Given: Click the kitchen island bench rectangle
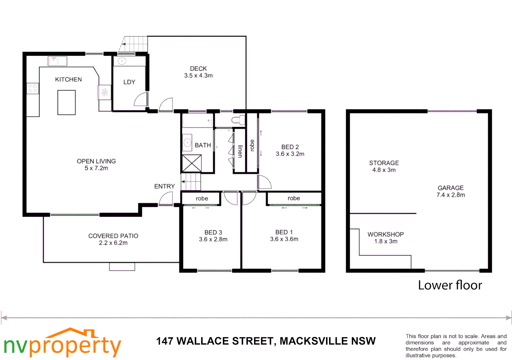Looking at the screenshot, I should click(x=66, y=102).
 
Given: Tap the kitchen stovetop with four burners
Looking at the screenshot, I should click(x=33, y=88).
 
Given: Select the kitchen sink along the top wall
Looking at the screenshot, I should click(x=57, y=61).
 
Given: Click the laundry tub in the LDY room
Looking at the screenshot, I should click(x=122, y=61).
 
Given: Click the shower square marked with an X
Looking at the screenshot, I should click(x=192, y=163).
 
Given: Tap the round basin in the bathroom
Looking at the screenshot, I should click(x=188, y=143).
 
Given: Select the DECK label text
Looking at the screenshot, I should click(x=198, y=68).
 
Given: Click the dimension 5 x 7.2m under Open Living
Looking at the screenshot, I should click(x=96, y=168).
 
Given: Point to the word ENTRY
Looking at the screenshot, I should click(x=164, y=186).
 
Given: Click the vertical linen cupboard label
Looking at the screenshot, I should click(x=240, y=151).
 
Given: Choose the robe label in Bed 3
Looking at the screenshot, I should click(x=202, y=199).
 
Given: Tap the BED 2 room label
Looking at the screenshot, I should click(x=290, y=147).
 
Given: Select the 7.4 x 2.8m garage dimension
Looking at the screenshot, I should click(x=450, y=195).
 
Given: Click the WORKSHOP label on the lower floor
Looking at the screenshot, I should click(x=385, y=234).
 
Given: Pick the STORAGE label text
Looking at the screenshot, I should click(x=384, y=163).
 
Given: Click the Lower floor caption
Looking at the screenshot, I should click(x=450, y=285).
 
